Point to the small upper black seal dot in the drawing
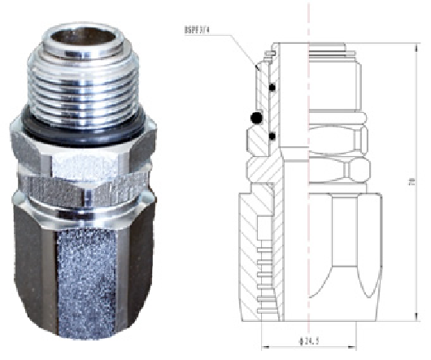click(273, 88)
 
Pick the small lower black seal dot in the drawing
click(273, 134)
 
